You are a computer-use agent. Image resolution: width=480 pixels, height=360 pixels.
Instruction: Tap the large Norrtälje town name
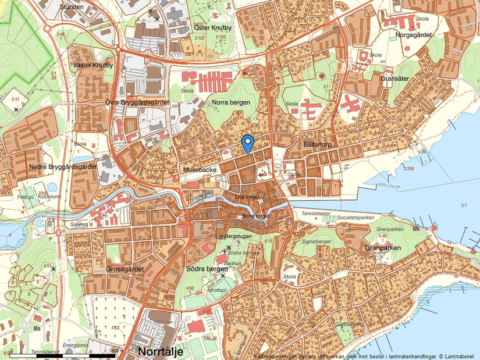(161, 352)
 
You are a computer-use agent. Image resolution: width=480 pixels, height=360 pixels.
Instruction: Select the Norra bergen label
(231, 102)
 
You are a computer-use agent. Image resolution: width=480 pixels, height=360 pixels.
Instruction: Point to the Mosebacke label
(200, 169)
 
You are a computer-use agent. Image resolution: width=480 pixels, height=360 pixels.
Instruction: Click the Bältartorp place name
(317, 143)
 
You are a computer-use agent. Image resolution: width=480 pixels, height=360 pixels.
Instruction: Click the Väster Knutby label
(92, 65)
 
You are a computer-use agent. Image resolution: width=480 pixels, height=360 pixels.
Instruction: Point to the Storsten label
(72, 7)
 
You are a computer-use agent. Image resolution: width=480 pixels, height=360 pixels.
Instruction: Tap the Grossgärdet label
(125, 269)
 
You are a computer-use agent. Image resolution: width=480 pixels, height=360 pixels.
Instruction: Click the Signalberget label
(317, 240)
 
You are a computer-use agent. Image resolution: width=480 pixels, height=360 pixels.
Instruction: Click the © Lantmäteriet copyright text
(457, 355)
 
